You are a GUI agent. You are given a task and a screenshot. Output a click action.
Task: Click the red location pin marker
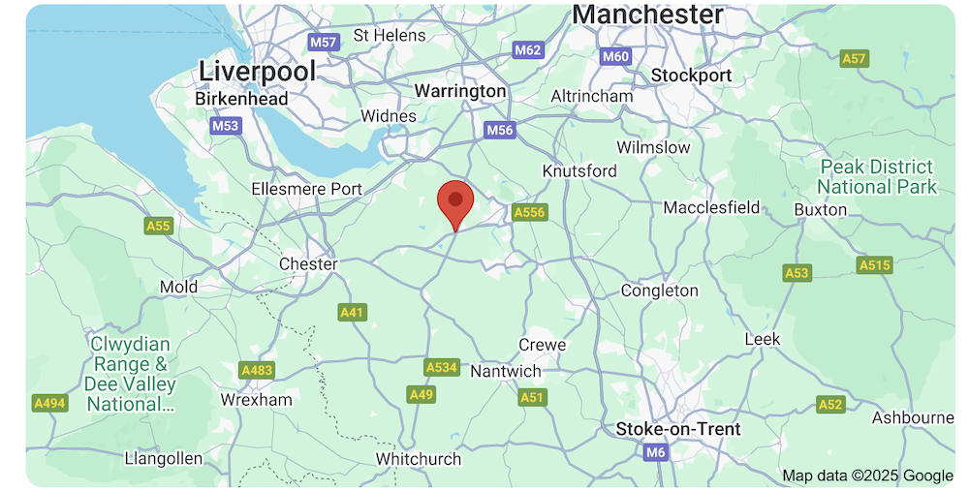click(x=454, y=201)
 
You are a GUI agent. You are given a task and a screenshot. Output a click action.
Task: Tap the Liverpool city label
click(x=257, y=71)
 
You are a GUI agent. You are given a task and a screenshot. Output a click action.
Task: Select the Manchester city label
click(x=647, y=15)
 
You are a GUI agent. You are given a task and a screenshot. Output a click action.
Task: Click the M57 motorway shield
click(x=324, y=43)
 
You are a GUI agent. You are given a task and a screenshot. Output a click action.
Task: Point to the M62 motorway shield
click(x=528, y=49)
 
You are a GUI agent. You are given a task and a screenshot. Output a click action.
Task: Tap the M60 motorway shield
click(x=615, y=56)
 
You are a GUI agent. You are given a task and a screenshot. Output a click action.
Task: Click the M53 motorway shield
click(x=225, y=126)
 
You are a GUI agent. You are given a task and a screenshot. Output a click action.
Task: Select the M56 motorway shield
click(x=499, y=130)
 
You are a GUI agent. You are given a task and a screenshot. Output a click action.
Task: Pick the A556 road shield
click(x=530, y=212)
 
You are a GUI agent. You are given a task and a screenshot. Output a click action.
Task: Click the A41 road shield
click(x=352, y=313)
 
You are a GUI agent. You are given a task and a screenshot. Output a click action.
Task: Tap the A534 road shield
click(x=441, y=367)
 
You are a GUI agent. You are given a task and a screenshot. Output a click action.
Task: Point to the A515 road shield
click(x=874, y=265)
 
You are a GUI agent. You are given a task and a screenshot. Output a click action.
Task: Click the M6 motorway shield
click(x=656, y=452)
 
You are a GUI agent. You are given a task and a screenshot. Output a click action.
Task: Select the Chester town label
click(x=308, y=263)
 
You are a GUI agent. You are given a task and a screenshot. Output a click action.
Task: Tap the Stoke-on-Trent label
click(x=678, y=429)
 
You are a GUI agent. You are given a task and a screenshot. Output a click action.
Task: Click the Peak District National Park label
click(x=877, y=177)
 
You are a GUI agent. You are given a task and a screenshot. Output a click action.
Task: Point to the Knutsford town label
click(x=579, y=170)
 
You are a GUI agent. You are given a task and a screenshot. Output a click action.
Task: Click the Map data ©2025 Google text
click(x=868, y=476)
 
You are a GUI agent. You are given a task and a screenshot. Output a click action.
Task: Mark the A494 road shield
click(x=48, y=403)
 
